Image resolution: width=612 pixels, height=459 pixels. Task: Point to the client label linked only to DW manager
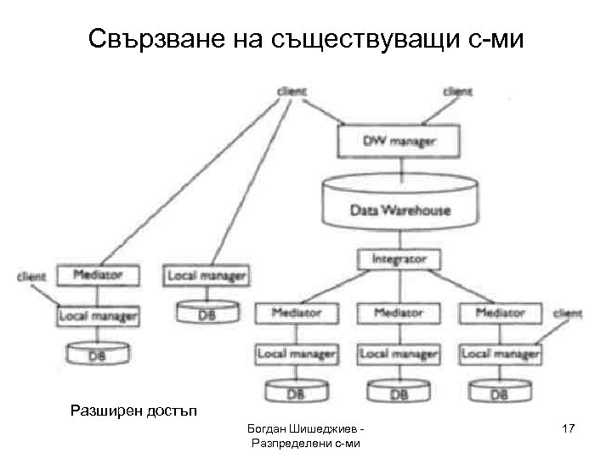(x=458, y=91)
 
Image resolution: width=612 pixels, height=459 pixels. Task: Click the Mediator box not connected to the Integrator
(x=98, y=275)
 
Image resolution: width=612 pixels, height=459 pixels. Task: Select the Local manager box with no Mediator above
(x=207, y=275)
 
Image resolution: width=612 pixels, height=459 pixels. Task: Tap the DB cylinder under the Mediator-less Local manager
(x=206, y=314)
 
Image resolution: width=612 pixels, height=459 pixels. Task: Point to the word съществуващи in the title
(x=362, y=41)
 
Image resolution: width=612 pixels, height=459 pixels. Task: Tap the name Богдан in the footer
(x=265, y=430)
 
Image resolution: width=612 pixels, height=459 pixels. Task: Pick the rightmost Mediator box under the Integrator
(x=501, y=313)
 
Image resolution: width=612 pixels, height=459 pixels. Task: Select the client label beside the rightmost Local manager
(x=569, y=314)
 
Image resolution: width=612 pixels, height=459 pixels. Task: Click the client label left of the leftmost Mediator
(x=32, y=276)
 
